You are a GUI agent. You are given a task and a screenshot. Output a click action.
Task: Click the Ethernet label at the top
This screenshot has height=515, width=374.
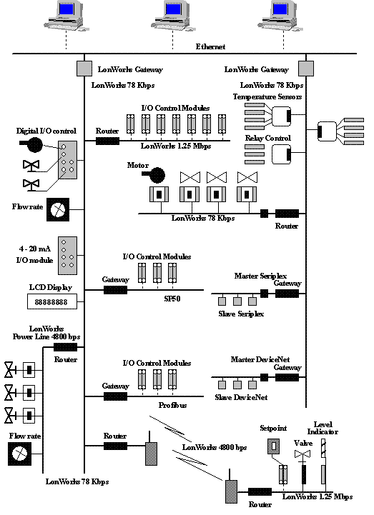[210, 46]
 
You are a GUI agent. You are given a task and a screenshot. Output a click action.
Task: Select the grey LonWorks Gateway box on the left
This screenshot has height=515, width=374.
[84, 69]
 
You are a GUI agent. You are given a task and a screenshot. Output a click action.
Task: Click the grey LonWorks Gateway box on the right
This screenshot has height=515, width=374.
[306, 69]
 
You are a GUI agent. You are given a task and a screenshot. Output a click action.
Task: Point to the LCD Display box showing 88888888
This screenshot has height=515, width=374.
[52, 301]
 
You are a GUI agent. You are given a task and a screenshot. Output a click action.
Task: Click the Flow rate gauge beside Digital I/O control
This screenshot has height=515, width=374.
[58, 209]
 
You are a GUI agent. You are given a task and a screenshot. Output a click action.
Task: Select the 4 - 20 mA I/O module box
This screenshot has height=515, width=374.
[68, 256]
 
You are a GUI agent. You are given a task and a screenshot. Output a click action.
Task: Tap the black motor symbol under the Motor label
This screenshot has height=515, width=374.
[154, 175]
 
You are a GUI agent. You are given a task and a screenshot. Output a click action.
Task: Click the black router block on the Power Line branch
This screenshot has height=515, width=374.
[65, 347]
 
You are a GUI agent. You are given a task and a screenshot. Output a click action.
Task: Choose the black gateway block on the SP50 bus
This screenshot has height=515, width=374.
[115, 290]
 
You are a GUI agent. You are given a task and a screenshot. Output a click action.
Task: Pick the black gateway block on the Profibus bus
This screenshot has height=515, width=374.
[115, 396]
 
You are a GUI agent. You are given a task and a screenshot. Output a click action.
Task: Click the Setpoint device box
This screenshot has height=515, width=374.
[273, 446]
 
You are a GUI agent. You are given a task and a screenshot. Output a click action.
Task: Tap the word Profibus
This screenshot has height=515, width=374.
[172, 405]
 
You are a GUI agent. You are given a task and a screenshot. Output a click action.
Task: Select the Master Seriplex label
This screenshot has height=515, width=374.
[260, 276]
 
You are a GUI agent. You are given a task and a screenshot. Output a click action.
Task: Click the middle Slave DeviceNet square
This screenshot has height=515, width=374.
[237, 384]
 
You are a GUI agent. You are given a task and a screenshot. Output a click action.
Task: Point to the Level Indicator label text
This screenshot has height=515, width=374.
[323, 428]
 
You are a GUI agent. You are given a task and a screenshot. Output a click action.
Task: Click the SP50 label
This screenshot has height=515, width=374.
[172, 299]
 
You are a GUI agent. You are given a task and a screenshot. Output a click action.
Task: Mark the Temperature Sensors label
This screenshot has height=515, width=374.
[267, 97]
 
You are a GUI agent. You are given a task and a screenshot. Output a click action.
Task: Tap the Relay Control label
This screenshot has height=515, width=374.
[268, 138]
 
